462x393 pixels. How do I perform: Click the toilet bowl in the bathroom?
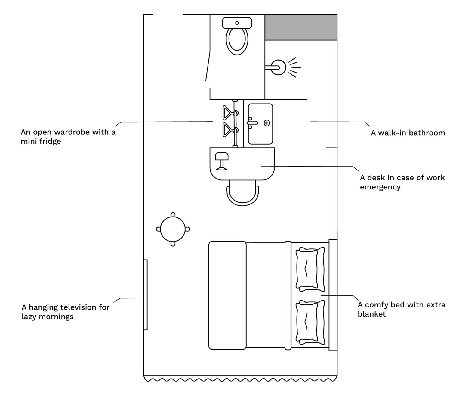click(x=237, y=41)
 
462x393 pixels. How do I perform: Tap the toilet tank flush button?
click(x=237, y=23)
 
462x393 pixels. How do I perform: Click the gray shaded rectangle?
click(x=300, y=27)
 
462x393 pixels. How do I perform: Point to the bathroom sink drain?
click(x=267, y=123)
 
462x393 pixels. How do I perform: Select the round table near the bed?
click(x=173, y=229)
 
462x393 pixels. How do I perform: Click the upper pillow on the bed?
click(x=310, y=269)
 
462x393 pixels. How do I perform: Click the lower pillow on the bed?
click(x=310, y=323)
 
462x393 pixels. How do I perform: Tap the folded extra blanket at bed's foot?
click(x=227, y=295)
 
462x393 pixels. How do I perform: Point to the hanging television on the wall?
click(x=146, y=295)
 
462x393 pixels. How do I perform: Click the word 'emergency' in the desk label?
click(x=380, y=187)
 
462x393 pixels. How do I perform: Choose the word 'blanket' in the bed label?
click(x=372, y=314)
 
